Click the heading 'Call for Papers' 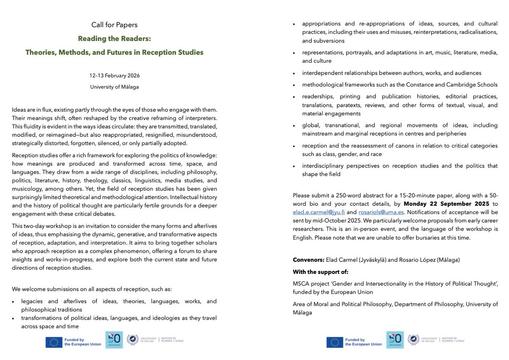coord(115,25)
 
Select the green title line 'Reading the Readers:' coord(115,39)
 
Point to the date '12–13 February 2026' coord(115,75)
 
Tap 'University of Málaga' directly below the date coord(115,87)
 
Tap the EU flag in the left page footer coord(54,342)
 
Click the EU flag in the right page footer coord(335,342)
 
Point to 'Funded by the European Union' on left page coord(83,342)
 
